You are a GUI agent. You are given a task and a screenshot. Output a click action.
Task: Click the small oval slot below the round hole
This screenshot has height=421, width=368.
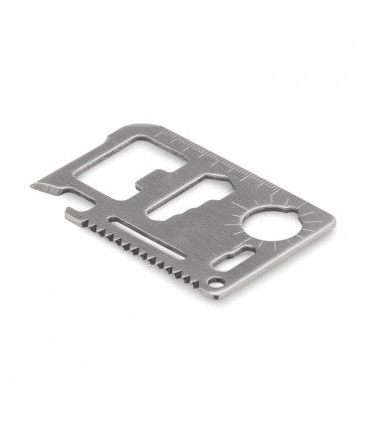(257, 263)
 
